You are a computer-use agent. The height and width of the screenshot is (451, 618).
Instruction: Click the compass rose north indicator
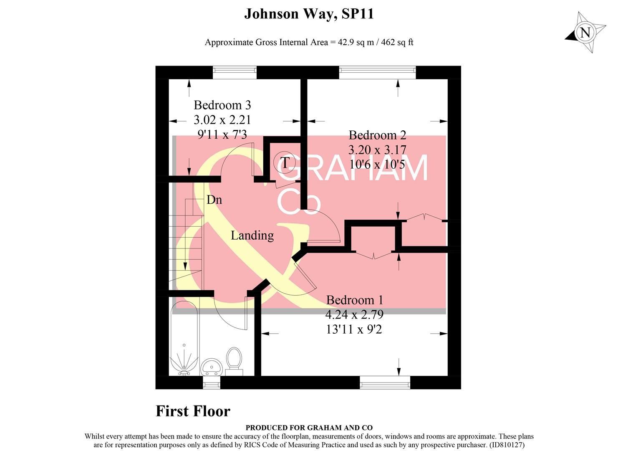(x=585, y=32)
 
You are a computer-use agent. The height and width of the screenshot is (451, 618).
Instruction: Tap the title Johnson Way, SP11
(x=309, y=14)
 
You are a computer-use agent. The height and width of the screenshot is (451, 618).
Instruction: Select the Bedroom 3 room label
(x=222, y=105)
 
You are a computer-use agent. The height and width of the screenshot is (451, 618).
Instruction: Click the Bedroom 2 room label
(x=377, y=135)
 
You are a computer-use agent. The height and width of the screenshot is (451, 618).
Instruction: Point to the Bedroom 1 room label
(x=354, y=300)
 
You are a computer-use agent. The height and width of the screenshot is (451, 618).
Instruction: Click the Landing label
(x=252, y=236)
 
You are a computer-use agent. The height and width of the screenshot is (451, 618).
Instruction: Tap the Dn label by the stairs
(x=214, y=200)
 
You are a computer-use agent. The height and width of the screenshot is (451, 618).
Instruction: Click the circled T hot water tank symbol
(x=285, y=162)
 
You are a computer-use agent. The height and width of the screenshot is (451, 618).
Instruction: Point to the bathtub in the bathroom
(x=184, y=338)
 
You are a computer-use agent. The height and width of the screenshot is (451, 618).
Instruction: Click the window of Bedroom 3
(x=235, y=72)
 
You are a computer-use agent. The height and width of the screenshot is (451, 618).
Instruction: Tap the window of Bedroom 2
(x=377, y=72)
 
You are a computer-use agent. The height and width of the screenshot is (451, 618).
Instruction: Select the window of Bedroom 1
(x=385, y=383)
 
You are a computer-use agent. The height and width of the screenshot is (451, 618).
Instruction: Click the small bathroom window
(x=211, y=383)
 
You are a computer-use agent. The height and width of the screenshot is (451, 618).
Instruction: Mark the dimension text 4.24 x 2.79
(x=354, y=314)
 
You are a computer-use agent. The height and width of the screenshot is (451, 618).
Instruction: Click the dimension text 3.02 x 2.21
(x=222, y=120)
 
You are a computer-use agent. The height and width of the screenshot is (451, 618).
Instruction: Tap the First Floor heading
(x=193, y=411)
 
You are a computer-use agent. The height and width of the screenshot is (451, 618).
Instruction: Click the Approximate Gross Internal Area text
(x=309, y=42)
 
